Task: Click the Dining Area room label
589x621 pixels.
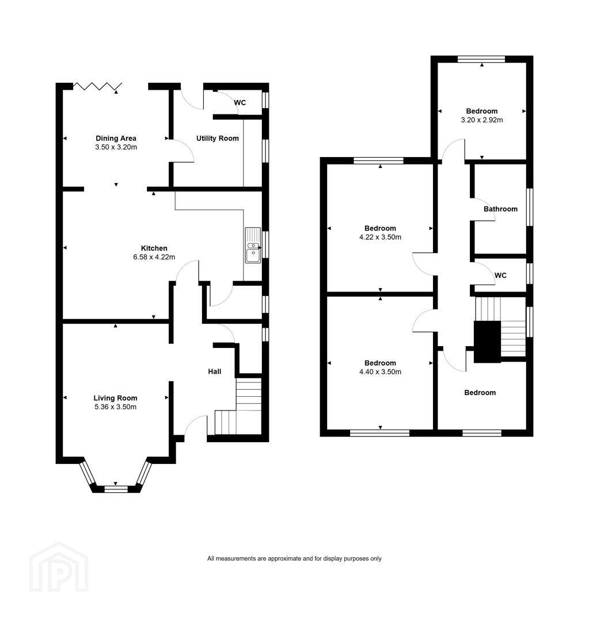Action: (116, 138)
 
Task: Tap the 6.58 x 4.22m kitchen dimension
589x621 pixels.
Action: (154, 257)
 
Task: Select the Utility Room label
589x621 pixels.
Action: (218, 138)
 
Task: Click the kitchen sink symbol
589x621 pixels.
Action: (253, 245)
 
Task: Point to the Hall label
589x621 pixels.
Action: (215, 371)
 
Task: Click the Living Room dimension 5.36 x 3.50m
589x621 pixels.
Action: (115, 407)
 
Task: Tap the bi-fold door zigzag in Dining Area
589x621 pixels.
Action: (97, 86)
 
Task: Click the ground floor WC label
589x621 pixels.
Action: (240, 102)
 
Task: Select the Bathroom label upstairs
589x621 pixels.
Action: (500, 209)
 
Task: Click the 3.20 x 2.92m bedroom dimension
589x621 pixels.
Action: (481, 120)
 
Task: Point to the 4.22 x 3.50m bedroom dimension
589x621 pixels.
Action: (380, 237)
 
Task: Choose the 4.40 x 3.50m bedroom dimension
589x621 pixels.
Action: (380, 372)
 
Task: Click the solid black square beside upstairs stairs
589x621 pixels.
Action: (488, 342)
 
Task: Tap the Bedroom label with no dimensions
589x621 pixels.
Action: (480, 393)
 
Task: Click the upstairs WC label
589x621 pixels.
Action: (500, 275)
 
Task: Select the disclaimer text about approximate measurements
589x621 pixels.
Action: (294, 558)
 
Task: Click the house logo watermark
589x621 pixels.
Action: (59, 567)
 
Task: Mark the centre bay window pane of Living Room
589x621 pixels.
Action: (116, 489)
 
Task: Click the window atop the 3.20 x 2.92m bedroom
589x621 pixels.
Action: (481, 59)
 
